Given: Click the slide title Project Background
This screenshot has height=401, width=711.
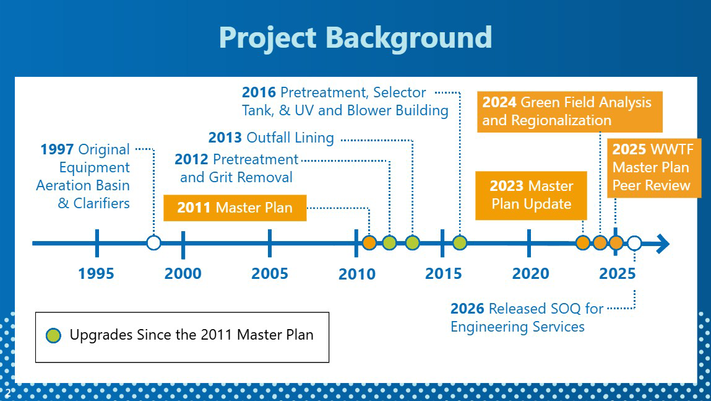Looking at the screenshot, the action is coord(355,38).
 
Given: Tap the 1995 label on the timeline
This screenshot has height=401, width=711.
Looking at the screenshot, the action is coord(96,273).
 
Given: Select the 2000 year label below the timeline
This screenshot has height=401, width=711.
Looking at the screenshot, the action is coord(183,273).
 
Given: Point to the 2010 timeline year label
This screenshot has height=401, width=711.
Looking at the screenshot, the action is coord(357,274).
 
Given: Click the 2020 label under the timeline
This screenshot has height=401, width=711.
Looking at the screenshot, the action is coord(530,273).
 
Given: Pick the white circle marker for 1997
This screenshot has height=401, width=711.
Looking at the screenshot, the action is coord(153,243).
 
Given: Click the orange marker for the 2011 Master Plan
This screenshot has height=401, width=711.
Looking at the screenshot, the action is coord(369,243).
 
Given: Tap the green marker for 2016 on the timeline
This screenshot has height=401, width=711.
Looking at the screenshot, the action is coord(460,243).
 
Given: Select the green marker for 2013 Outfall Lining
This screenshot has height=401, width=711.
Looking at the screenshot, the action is coord(412,243).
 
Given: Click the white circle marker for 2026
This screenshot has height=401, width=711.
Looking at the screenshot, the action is coord(634,244).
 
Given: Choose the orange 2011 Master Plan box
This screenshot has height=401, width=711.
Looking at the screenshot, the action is coord(235,208).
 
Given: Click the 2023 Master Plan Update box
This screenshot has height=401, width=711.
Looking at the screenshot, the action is coord(531,195).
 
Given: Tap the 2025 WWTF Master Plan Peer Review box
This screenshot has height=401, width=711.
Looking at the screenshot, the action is coord(654,168).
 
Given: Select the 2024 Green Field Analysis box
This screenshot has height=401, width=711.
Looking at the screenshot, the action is coord(569,112).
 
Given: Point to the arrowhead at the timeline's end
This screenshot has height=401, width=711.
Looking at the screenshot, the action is coord(663,244).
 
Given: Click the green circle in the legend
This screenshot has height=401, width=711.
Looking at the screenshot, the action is coord(53,335).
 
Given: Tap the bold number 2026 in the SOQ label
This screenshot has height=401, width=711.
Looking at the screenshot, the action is coord(467,309).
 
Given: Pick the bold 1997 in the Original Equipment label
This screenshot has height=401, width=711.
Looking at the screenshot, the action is coord(57,149).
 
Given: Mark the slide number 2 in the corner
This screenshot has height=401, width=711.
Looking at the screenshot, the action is coord(7,392).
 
